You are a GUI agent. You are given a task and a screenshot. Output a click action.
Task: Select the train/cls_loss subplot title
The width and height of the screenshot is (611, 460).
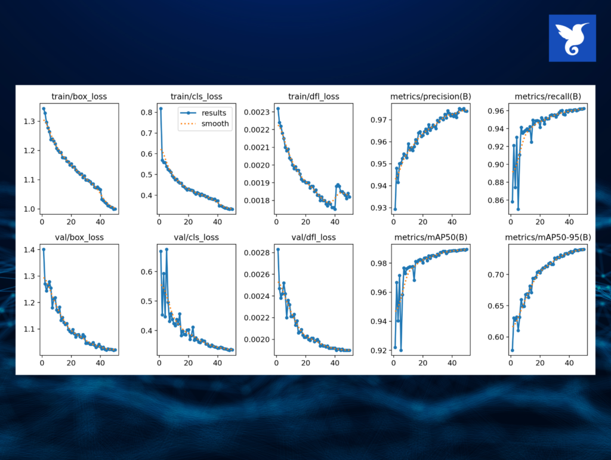tap(193, 96)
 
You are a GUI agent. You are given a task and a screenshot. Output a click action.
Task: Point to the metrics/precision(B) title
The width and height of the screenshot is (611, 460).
tap(430, 96)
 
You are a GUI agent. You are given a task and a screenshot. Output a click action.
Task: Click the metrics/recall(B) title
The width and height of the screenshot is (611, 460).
tap(547, 96)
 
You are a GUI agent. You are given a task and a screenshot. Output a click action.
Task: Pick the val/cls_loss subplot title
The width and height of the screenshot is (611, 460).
tap(193, 237)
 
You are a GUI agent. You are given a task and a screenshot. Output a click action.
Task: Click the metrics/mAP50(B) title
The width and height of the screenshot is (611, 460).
tap(430, 237)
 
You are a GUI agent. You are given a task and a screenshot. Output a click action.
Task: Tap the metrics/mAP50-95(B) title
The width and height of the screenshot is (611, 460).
tap(547, 237)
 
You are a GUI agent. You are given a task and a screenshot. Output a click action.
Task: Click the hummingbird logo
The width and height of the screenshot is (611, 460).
tap(572, 38)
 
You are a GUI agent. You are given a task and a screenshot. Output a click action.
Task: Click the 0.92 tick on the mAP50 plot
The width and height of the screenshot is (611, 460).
tap(378, 351)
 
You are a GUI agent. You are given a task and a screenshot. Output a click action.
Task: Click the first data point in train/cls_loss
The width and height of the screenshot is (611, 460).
tap(161, 109)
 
